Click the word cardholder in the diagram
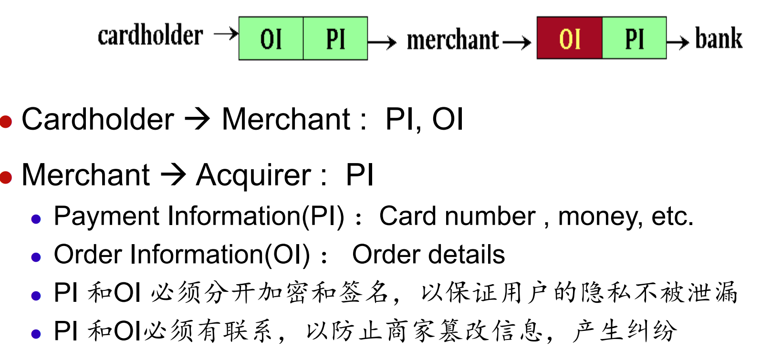click(x=150, y=36)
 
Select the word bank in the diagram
click(x=719, y=39)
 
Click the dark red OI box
click(x=570, y=38)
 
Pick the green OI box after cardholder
click(x=271, y=39)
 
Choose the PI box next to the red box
click(x=634, y=38)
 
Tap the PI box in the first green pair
click(x=335, y=39)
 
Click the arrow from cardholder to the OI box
click(x=226, y=34)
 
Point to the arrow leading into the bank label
click(x=678, y=42)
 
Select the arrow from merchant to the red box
click(x=516, y=43)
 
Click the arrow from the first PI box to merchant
click(x=382, y=43)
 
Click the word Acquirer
click(x=253, y=175)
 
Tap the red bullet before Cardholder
click(x=6, y=121)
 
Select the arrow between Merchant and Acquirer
click(x=173, y=175)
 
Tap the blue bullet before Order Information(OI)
click(x=36, y=257)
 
